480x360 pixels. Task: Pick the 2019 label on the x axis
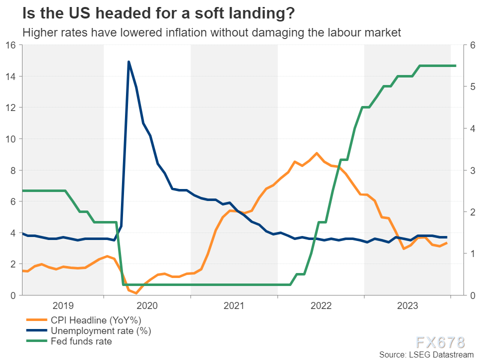tap(62, 305)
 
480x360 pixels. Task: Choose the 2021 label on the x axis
tap(234, 305)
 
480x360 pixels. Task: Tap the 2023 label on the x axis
tap(407, 305)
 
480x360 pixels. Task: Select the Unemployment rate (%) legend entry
tap(100, 330)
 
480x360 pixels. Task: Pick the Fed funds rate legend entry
tap(81, 341)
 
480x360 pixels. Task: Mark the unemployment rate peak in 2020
tap(128, 62)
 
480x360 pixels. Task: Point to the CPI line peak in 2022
tap(316, 153)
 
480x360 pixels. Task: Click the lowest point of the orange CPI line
tap(136, 293)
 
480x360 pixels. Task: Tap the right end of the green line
tap(455, 65)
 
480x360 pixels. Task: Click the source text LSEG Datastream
tap(425, 354)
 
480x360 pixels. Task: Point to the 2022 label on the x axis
tap(320, 305)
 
